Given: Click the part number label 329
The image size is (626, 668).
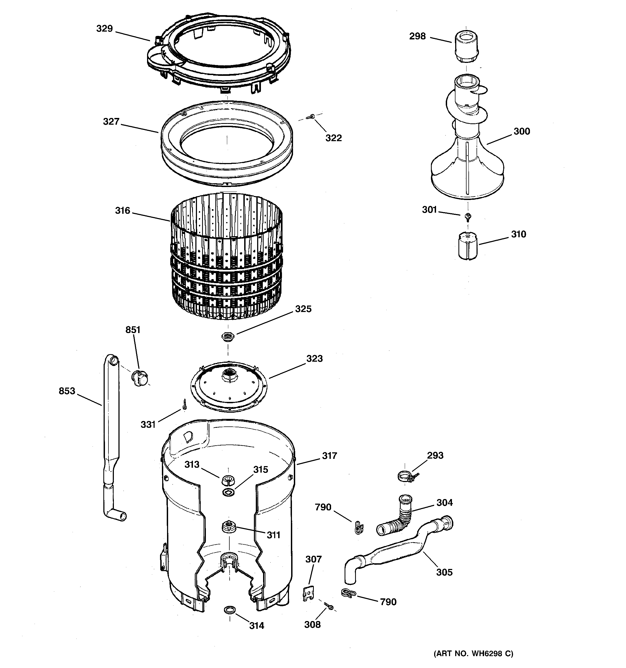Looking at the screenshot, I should tap(104, 29).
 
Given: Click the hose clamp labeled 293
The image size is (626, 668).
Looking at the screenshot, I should tap(406, 476).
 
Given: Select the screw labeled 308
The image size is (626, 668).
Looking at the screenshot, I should tap(329, 606).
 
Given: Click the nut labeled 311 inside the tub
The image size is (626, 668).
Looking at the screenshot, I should tap(228, 526).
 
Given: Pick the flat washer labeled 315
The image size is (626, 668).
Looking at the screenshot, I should tap(229, 493).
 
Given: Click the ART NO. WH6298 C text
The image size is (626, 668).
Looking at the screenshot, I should tap(473, 653).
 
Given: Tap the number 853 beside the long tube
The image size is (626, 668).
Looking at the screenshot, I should tap(67, 391).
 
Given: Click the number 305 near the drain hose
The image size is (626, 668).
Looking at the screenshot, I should tap(444, 572).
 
